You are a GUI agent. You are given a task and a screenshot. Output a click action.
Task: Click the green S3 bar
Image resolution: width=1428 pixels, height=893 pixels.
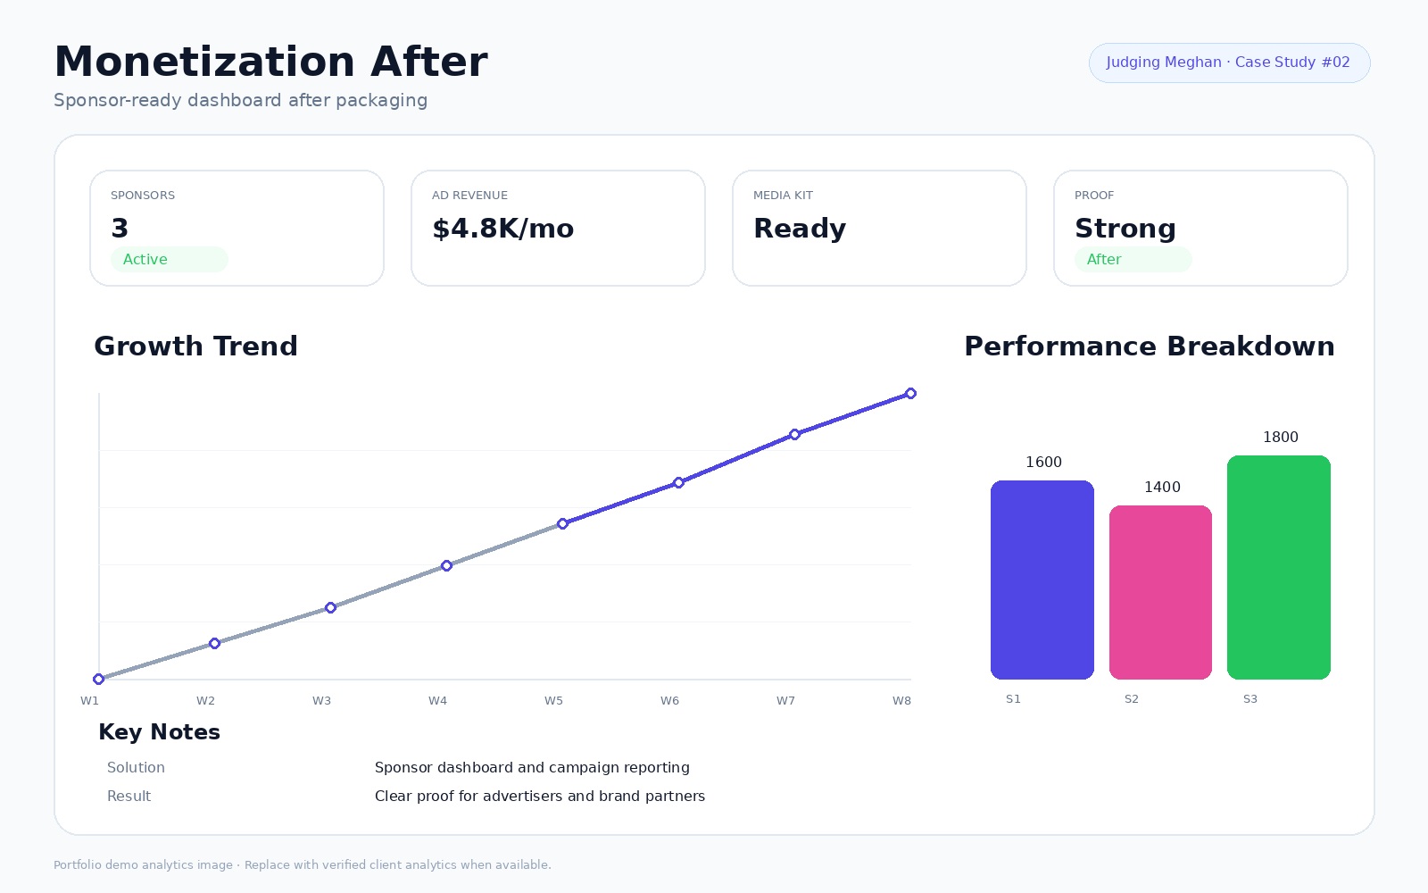tap(1278, 567)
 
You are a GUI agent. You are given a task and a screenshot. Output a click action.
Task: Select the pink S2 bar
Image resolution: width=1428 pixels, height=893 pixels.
tap(1160, 593)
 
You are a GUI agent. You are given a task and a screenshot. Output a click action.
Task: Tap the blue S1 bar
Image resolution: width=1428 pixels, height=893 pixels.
tap(1042, 580)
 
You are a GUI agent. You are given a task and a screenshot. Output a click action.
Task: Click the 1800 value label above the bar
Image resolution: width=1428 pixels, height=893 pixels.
tap(1281, 437)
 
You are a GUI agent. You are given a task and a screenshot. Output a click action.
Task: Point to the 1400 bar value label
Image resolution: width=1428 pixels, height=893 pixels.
tap(1162, 488)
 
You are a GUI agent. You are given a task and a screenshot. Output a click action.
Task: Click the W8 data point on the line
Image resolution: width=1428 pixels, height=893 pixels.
tap(911, 394)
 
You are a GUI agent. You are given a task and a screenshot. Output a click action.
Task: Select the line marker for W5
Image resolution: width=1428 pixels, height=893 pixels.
tap(562, 523)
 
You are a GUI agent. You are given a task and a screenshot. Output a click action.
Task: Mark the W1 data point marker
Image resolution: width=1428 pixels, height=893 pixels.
tap(99, 679)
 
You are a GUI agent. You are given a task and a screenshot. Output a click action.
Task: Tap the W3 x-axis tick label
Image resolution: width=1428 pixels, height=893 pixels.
tap(321, 700)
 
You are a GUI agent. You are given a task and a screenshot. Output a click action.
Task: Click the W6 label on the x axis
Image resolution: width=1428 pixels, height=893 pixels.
tap(669, 700)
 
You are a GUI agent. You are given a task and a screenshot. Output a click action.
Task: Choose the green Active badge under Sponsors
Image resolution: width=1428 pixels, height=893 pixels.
tap(169, 260)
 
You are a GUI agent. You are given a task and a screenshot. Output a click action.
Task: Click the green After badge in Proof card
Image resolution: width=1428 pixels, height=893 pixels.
tap(1133, 260)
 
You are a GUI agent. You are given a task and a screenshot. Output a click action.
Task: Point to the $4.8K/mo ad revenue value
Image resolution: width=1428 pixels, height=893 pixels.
tap(503, 229)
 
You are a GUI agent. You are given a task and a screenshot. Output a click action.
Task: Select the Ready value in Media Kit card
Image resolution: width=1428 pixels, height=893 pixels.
tap(800, 229)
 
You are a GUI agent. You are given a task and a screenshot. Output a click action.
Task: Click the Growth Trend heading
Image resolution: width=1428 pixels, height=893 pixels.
tap(195, 346)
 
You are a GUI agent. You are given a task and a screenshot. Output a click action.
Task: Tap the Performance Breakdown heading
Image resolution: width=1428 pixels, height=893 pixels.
tap(1150, 346)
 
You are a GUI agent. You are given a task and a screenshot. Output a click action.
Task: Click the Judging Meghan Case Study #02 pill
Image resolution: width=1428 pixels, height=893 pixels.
tap(1229, 63)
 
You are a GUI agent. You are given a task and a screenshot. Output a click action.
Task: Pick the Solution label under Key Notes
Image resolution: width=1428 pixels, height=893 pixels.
tap(136, 767)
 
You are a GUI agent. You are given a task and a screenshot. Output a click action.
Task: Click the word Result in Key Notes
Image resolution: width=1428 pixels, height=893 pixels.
tap(129, 796)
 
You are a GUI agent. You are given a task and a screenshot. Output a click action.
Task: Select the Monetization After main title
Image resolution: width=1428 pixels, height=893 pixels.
tap(271, 62)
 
